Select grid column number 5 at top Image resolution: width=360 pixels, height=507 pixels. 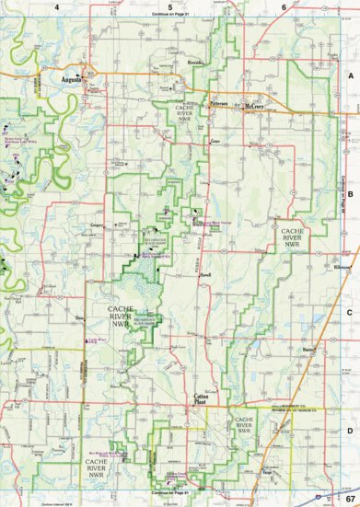(169, 6)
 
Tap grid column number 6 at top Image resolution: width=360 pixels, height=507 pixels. (284, 6)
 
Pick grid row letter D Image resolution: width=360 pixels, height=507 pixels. (351, 429)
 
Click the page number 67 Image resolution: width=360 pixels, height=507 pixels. (348, 498)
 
